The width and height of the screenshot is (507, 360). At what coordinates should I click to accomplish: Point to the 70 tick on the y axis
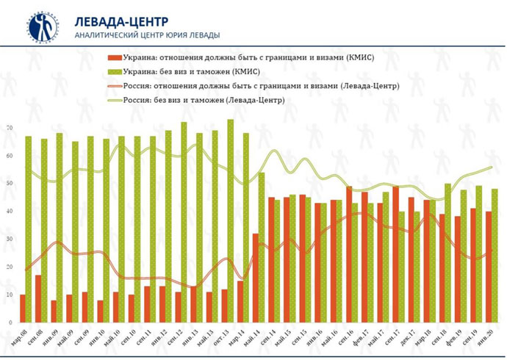pyautogui.click(x=10, y=129)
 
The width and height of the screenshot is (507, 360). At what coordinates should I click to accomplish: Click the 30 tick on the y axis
pyautogui.click(x=10, y=240)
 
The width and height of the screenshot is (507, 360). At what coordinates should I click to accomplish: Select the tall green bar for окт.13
pyautogui.click(x=231, y=220)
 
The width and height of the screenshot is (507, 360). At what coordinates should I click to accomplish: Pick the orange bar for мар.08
pyautogui.click(x=23, y=309)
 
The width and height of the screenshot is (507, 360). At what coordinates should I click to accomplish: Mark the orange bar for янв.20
pyautogui.click(x=489, y=267)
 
